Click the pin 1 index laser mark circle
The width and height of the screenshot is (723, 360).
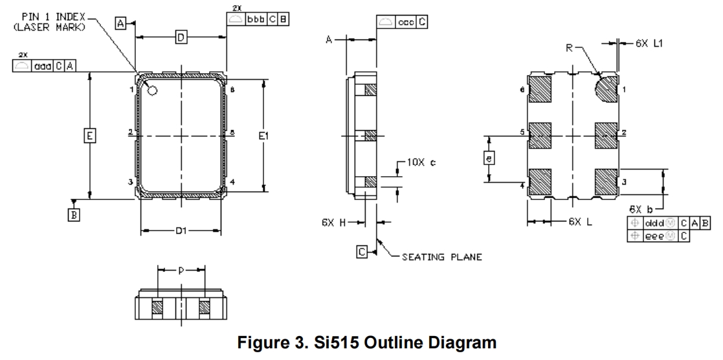pos(153,91)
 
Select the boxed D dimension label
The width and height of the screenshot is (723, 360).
pos(181,39)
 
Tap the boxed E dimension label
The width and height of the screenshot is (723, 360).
pos(90,136)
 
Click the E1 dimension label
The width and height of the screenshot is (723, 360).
pos(263,136)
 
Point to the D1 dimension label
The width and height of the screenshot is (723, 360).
pos(181,231)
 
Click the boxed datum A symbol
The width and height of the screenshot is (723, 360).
pos(120,23)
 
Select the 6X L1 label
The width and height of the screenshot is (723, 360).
pos(651,43)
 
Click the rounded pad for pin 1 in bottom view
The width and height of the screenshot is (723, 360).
pos(606,89)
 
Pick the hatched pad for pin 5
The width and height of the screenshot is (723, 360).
pos(540,135)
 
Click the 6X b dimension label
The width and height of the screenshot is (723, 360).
pos(641,209)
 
